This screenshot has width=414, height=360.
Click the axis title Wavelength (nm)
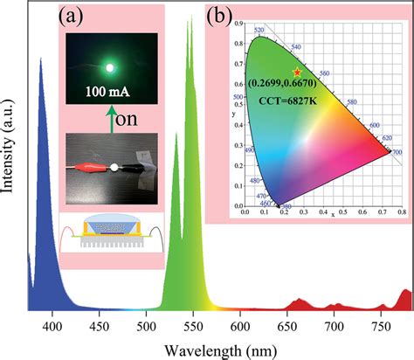coord(218,348)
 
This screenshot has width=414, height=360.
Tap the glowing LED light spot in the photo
coord(110,66)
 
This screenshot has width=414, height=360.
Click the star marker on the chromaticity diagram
coord(297,72)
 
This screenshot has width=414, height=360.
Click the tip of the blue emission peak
coord(41,59)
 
